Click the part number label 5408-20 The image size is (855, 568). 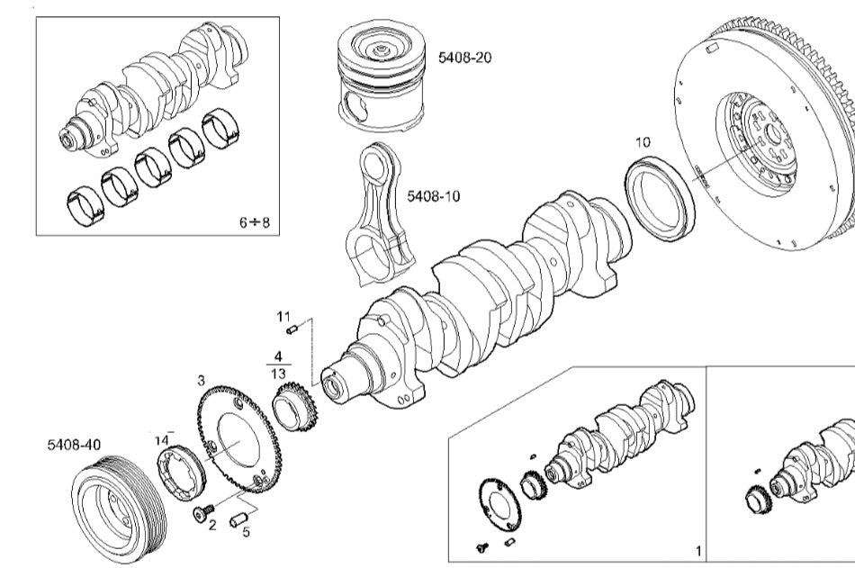point(465,58)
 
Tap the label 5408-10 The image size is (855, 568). point(433,195)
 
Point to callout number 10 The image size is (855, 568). point(643,141)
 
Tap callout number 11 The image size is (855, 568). point(284,316)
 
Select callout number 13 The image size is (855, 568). point(278,373)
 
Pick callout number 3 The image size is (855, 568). point(201,381)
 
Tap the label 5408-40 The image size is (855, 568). point(75,445)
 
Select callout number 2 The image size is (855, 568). point(212,525)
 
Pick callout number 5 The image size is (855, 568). point(246,531)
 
